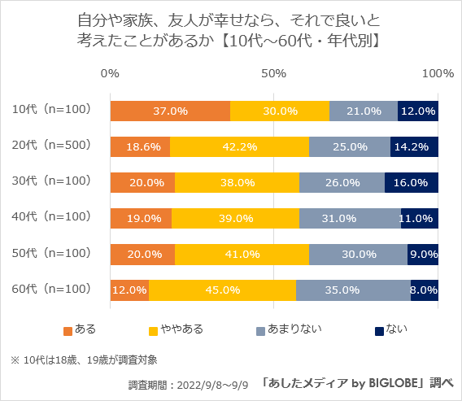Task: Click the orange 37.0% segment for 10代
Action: [x=170, y=111]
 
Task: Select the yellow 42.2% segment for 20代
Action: [x=240, y=146]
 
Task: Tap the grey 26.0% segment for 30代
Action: [x=342, y=182]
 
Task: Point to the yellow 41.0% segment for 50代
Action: [x=242, y=254]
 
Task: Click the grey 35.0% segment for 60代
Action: [x=354, y=290]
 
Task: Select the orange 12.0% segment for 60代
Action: [x=129, y=290]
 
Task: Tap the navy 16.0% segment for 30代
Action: [x=412, y=182]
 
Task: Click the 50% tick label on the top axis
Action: [x=274, y=73]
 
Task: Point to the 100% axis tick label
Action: [x=438, y=73]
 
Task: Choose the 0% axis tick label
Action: [x=110, y=73]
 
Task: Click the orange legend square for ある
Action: [x=68, y=330]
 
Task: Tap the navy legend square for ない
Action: [x=379, y=330]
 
